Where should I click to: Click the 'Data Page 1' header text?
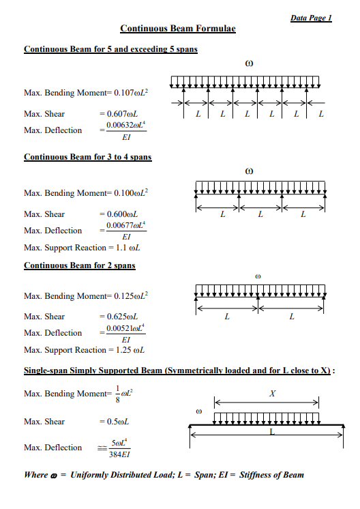click(311, 17)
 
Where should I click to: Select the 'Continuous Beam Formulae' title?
click(178, 29)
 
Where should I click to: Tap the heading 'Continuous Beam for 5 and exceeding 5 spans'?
click(110, 50)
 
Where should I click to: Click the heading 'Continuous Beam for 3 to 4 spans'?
click(88, 157)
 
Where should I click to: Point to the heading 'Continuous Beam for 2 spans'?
click(80, 265)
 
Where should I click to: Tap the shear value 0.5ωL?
click(115, 422)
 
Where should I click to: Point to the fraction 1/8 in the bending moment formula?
click(117, 394)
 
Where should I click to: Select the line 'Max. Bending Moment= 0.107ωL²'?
click(87, 92)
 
